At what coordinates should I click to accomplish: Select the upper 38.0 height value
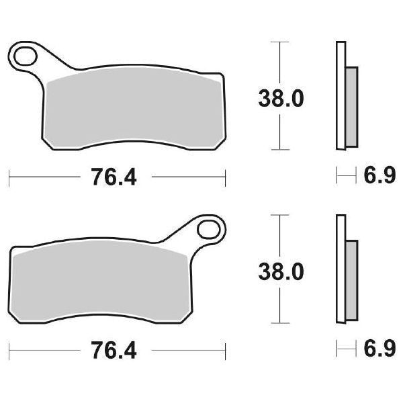coord(281,99)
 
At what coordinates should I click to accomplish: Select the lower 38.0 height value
coord(281,272)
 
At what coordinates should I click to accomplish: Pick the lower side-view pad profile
coord(346,269)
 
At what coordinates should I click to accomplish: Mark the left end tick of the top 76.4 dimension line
coord(9,178)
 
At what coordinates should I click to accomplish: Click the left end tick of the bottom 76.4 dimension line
coord(9,352)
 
